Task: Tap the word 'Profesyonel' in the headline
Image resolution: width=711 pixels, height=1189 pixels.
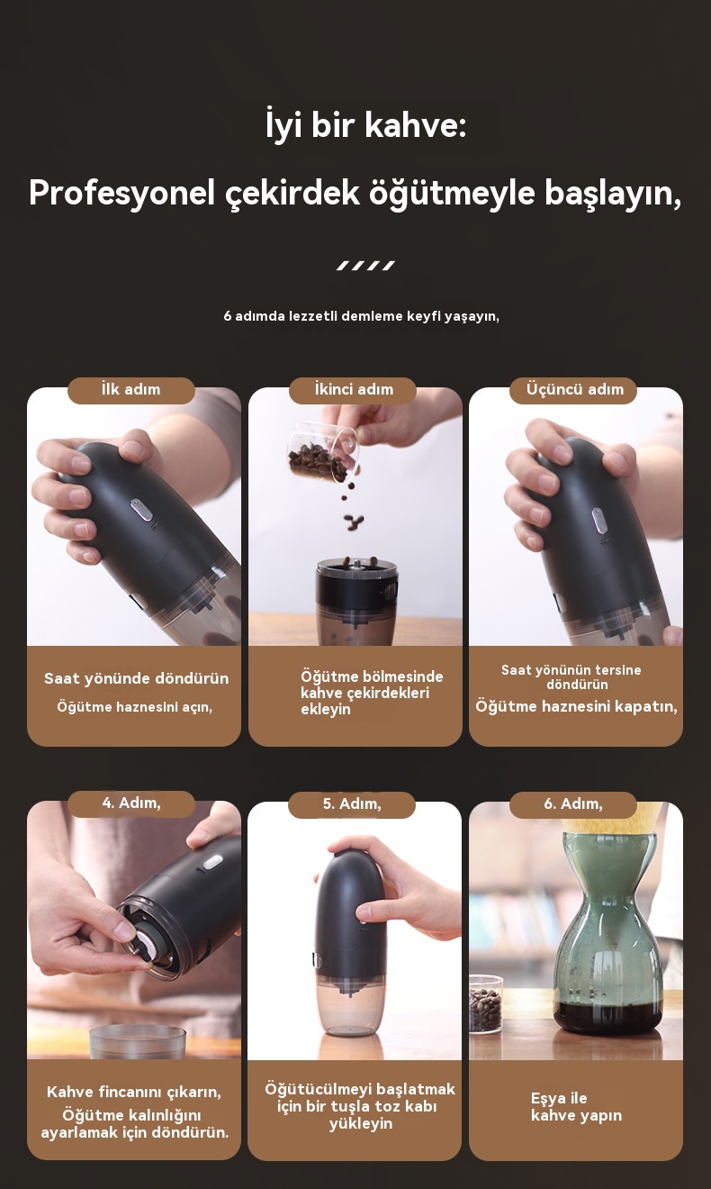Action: pos(122,192)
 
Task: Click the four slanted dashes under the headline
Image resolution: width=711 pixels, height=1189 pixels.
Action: pos(365,266)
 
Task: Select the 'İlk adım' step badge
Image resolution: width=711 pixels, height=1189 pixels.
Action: pos(131,390)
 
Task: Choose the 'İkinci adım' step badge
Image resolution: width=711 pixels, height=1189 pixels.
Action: pos(353,390)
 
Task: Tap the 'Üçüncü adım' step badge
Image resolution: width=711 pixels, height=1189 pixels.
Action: pos(573,390)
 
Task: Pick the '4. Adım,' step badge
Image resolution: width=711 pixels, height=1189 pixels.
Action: pos(131,803)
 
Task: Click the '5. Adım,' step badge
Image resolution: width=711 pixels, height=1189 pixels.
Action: pos(352,804)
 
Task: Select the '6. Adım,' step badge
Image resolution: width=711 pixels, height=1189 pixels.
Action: pos(573,804)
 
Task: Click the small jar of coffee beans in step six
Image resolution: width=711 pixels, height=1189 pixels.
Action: pos(485,1003)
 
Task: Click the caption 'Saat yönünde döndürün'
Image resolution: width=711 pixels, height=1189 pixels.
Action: pos(136,678)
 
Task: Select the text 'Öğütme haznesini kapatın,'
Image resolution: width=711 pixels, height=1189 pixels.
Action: pos(576,706)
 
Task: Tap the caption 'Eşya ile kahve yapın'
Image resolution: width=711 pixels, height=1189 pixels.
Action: pos(576,1107)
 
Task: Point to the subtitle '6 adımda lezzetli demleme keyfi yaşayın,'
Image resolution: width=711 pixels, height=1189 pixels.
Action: pos(362,316)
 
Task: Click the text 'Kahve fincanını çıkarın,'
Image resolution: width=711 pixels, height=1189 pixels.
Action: pos(134,1092)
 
